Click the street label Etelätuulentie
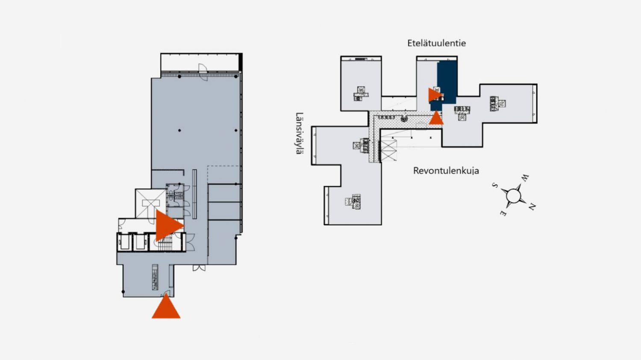pyautogui.click(x=436, y=43)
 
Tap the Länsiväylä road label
pyautogui.click(x=299, y=133)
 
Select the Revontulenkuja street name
pyautogui.click(x=446, y=171)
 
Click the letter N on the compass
pyautogui.click(x=532, y=206)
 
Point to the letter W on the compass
pyautogui.click(x=524, y=178)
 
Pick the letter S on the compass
pyautogui.click(x=494, y=185)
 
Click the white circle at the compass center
pyautogui.click(x=513, y=196)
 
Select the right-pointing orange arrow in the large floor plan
pyautogui.click(x=169, y=225)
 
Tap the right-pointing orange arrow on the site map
pyautogui.click(x=435, y=95)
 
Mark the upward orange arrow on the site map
pyautogui.click(x=436, y=118)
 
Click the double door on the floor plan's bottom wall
pyautogui.click(x=199, y=268)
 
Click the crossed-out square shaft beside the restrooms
pyautogui.click(x=151, y=203)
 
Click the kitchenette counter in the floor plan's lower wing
pyautogui.click(x=155, y=277)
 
